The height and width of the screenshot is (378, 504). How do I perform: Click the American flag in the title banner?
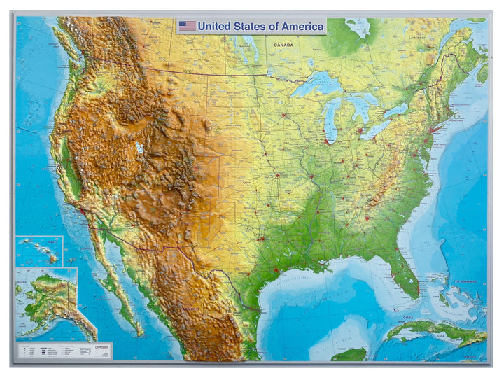[x=187, y=26]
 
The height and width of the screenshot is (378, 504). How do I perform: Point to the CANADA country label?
[x=283, y=45]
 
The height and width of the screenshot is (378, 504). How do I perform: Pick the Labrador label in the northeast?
[x=417, y=37]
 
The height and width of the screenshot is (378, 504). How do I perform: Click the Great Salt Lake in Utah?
[x=139, y=148]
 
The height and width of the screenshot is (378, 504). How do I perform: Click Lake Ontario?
[x=395, y=111]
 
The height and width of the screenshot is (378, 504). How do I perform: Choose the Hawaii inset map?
[x=39, y=251]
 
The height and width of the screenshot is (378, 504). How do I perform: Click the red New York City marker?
[x=433, y=129]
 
